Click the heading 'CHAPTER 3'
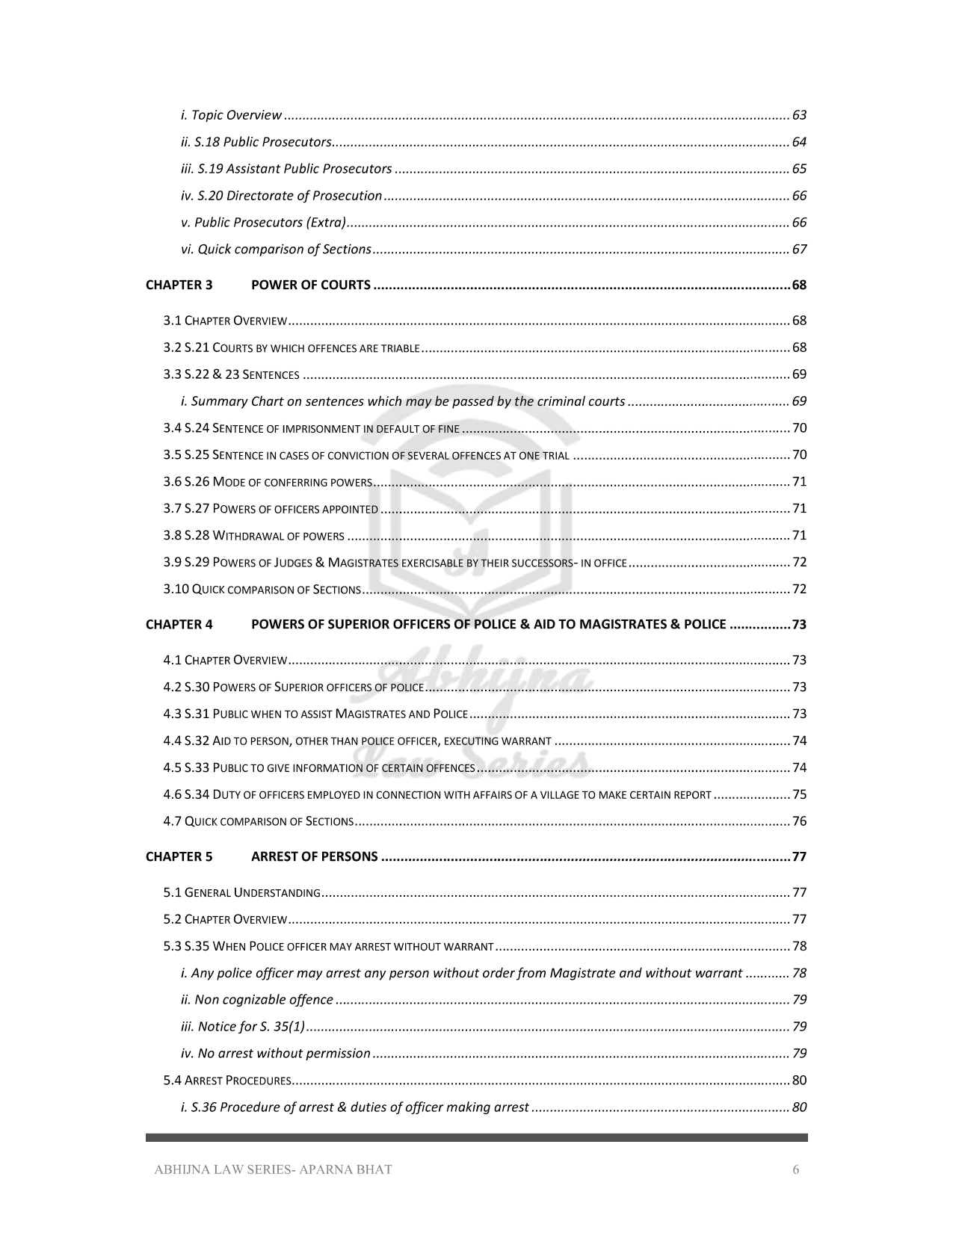coord(179,285)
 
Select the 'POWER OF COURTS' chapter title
coord(310,285)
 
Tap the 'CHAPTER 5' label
coord(179,856)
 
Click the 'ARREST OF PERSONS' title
coord(314,856)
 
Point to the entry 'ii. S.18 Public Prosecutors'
coord(256,142)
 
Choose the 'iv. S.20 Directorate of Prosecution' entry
coord(281,196)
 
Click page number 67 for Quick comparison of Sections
coord(799,250)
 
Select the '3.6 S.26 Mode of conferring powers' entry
coord(268,482)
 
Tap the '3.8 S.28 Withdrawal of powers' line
coord(253,536)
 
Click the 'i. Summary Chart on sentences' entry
coord(402,401)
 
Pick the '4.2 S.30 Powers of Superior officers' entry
coord(293,687)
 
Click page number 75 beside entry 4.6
coord(799,795)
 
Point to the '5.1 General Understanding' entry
coord(241,893)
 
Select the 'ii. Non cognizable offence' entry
coord(256,1000)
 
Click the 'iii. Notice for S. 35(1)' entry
coord(242,1027)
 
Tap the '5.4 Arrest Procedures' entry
coord(226,1081)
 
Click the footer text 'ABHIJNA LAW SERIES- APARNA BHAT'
coord(273,1170)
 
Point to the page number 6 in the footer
coord(795,1170)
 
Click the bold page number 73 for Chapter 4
coord(799,625)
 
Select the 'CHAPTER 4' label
coord(179,625)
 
